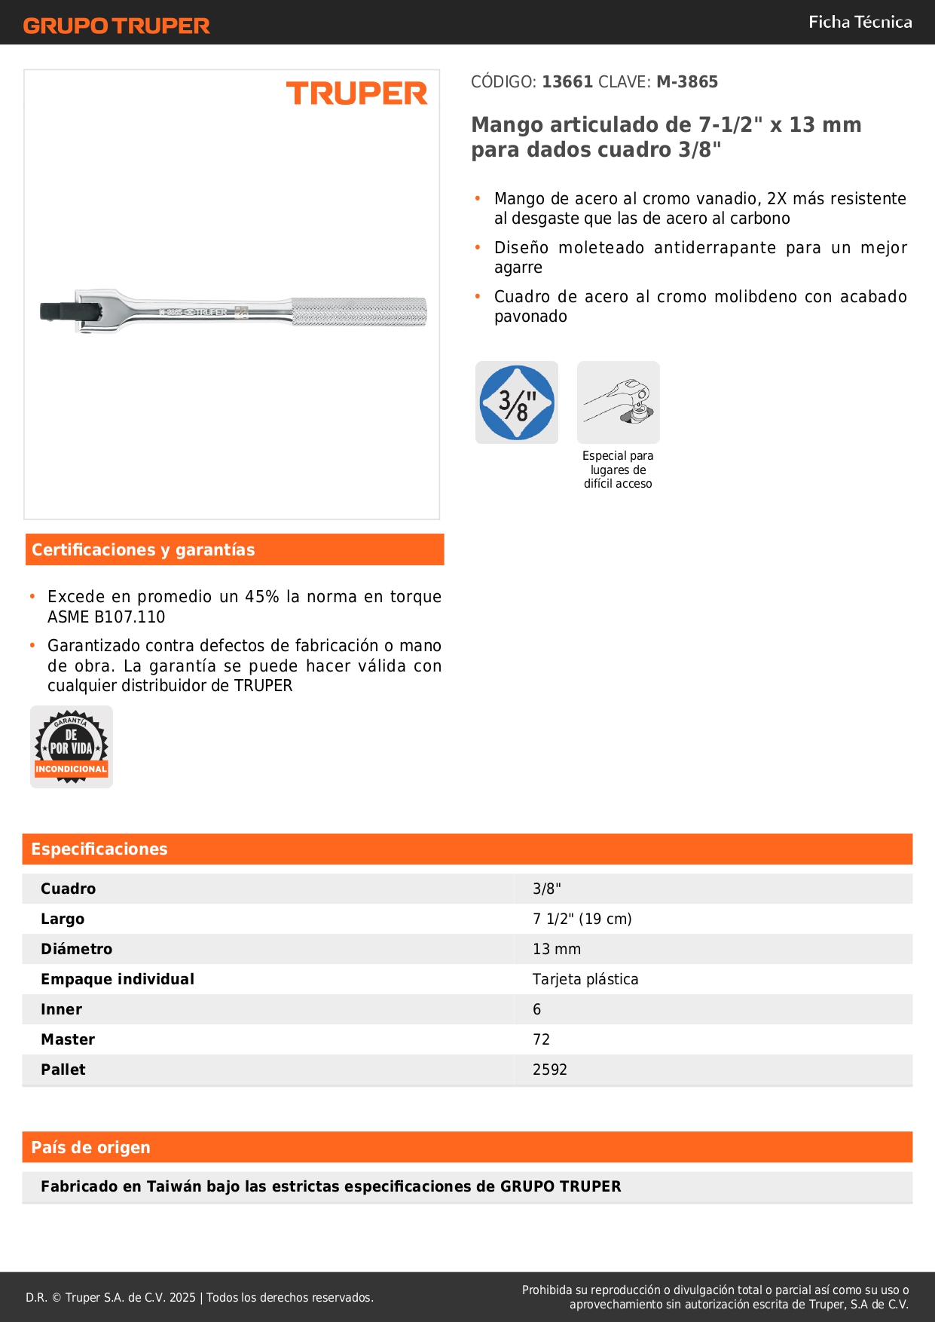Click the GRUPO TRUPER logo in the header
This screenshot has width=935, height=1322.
click(116, 26)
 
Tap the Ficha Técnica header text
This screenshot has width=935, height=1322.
click(860, 22)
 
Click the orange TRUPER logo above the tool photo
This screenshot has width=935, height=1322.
click(356, 93)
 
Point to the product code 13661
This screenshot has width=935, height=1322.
click(567, 81)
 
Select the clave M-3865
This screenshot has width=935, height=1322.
click(686, 81)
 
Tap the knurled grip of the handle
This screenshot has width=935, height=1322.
click(359, 312)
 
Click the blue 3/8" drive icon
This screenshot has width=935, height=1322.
click(517, 402)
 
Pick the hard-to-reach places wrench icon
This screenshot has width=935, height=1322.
click(618, 402)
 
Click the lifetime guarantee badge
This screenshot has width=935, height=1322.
click(72, 747)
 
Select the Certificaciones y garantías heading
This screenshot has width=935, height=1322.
click(143, 549)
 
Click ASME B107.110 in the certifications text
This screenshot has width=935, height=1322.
click(106, 617)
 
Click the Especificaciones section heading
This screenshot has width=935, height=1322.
click(99, 849)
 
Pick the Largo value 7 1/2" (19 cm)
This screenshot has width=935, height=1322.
click(582, 919)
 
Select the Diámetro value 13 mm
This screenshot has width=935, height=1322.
click(556, 949)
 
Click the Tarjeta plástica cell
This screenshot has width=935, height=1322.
click(585, 979)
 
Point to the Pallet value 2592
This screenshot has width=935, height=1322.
click(549, 1070)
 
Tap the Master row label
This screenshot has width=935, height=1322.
click(68, 1039)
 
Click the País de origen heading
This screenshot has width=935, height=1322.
click(90, 1147)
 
